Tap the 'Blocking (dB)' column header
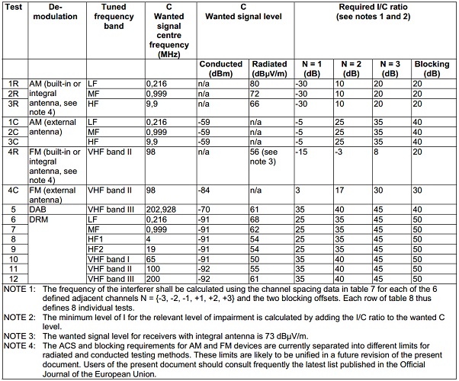(431, 69)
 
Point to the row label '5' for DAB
(14, 208)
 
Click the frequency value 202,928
(169, 208)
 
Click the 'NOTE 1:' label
(19, 289)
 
